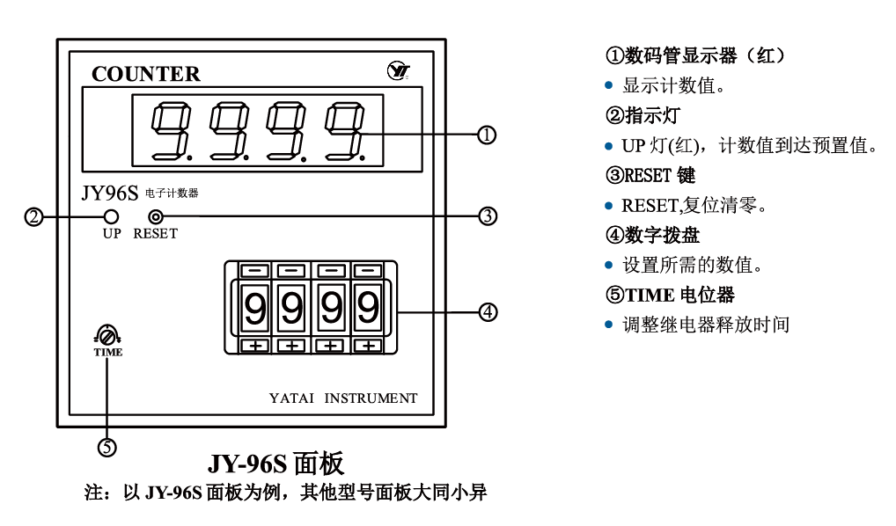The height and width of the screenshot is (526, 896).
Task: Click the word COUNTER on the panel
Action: tap(146, 74)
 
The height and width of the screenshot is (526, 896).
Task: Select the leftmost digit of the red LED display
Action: tap(169, 131)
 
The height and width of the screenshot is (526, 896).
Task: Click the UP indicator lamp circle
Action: tap(112, 216)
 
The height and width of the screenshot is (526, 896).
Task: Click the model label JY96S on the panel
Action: tap(109, 193)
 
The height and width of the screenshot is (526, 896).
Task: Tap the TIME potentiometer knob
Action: tap(107, 336)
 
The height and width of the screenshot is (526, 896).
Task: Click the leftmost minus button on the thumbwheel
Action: tap(254, 270)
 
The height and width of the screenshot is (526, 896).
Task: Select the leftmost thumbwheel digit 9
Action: tap(254, 308)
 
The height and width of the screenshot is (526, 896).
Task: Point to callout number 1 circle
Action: tap(487, 135)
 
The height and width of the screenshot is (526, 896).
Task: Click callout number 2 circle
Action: tap(33, 216)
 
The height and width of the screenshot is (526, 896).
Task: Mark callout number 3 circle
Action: tap(487, 216)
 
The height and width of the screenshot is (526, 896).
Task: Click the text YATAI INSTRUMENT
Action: tap(343, 398)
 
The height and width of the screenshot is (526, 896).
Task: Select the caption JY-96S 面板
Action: tap(275, 464)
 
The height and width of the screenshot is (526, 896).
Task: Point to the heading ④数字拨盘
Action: tap(653, 236)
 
